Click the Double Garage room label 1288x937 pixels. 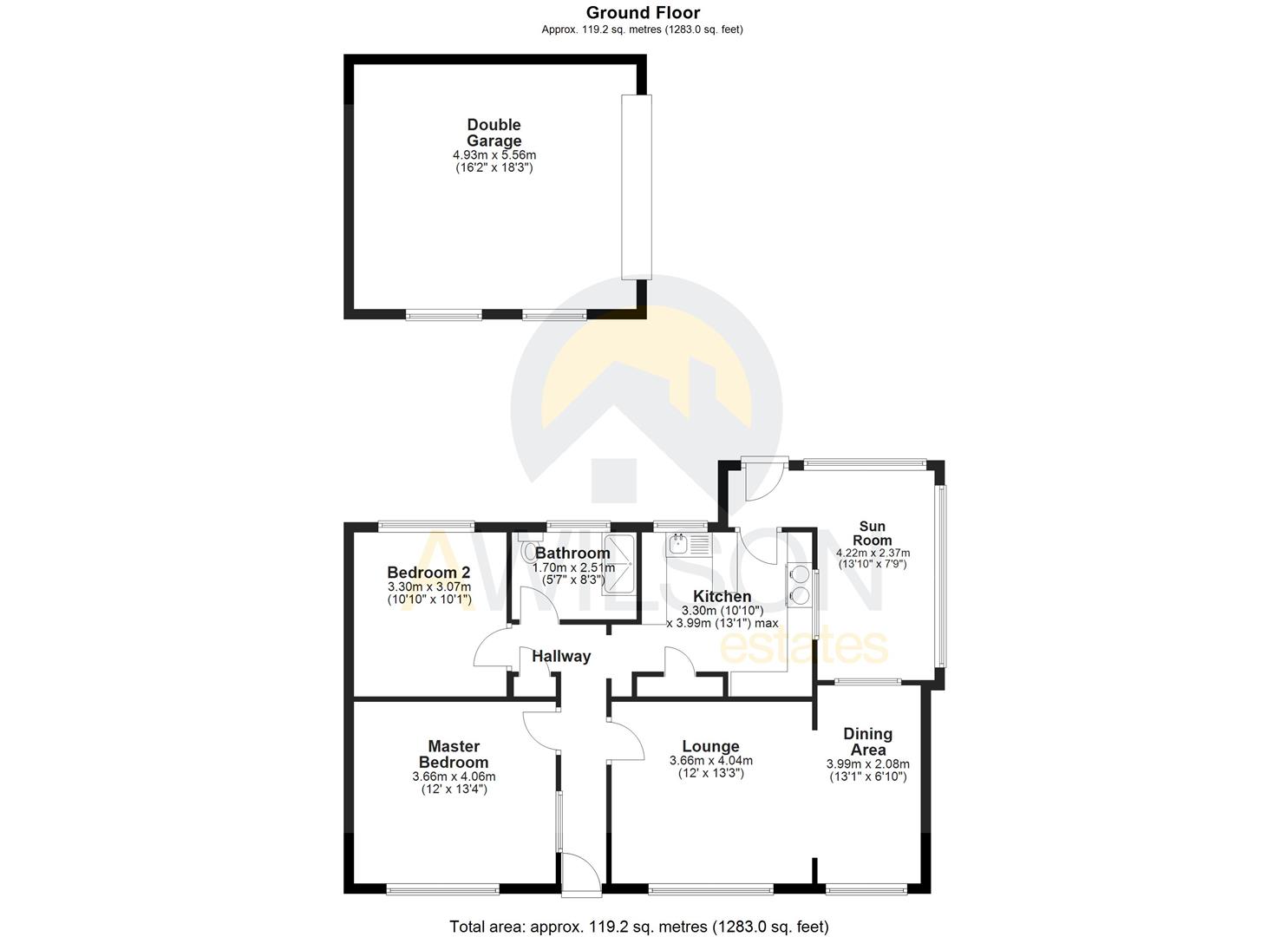[494, 133]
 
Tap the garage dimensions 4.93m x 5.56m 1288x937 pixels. [494, 155]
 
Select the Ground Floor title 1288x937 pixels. [643, 12]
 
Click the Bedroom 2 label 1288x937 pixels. [428, 573]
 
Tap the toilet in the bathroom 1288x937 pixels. [528, 552]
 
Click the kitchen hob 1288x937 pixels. [798, 585]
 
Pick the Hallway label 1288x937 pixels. [561, 657]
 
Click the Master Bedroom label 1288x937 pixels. [454, 754]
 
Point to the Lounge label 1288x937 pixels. [710, 747]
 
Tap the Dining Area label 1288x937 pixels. [867, 742]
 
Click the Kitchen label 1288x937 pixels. [722, 597]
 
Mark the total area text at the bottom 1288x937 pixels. [638, 927]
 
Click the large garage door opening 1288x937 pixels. [636, 187]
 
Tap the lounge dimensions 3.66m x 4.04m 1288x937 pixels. [710, 762]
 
